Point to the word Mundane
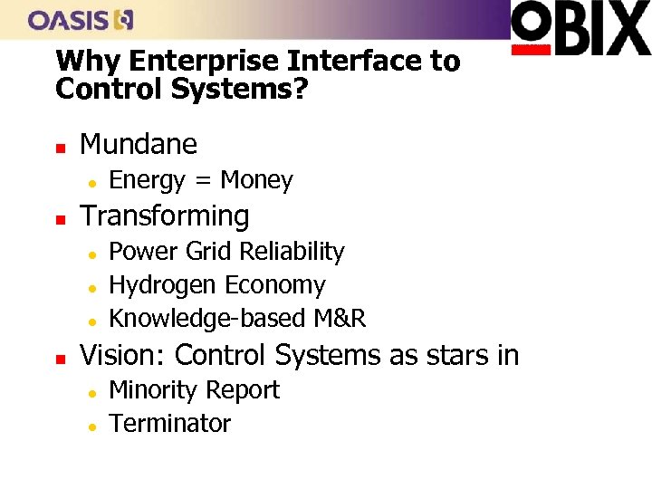click(x=139, y=144)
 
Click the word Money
click(x=256, y=180)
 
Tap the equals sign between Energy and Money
click(x=203, y=181)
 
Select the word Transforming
click(x=165, y=216)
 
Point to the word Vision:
click(x=123, y=355)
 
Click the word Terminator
click(x=169, y=424)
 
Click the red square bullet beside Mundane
click(x=59, y=146)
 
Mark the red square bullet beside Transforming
click(x=59, y=217)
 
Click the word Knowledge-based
click(x=207, y=319)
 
